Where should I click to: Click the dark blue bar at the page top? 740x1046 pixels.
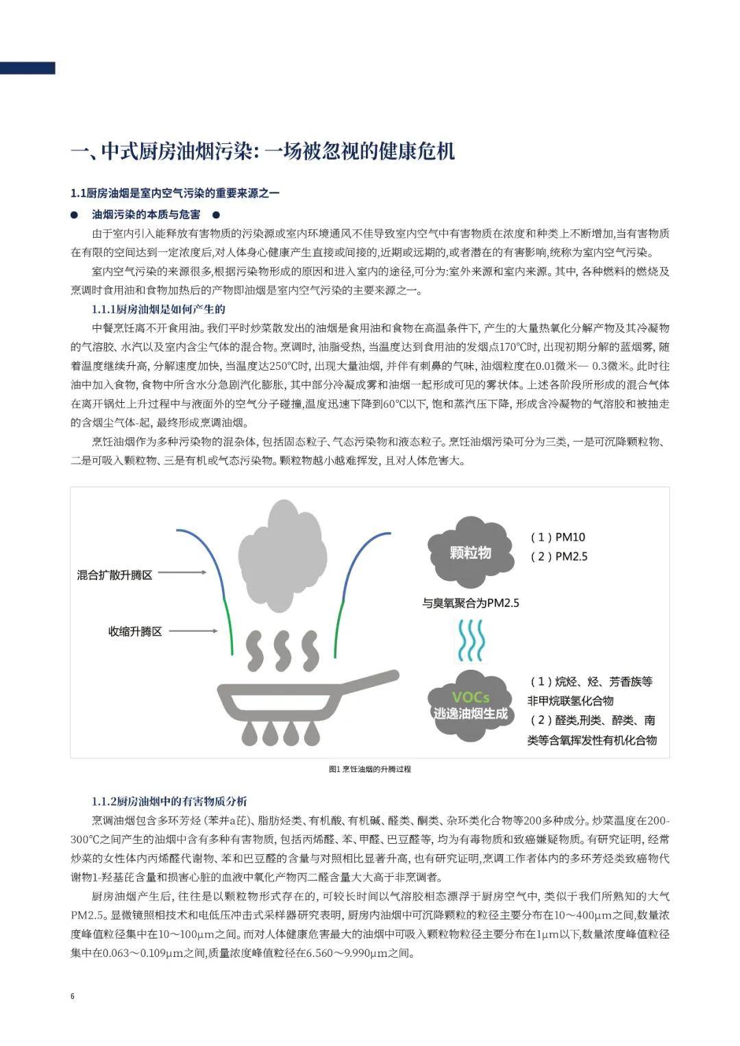[x=27, y=68]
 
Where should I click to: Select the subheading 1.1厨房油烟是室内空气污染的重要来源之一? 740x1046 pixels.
[x=175, y=193]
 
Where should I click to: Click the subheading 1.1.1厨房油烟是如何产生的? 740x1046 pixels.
[x=158, y=309]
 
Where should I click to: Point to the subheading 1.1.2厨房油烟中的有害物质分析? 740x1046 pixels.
[x=169, y=801]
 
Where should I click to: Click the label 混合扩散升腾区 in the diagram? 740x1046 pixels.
[x=114, y=575]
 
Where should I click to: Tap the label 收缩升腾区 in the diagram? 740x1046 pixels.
[x=135, y=631]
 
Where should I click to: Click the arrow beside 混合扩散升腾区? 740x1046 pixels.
[x=186, y=573]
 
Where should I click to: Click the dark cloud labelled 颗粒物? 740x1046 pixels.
[x=470, y=551]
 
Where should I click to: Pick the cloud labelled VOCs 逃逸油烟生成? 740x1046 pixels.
[x=470, y=705]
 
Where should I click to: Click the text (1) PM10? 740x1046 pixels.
[x=558, y=537]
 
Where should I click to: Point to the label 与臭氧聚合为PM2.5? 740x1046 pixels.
[x=470, y=603]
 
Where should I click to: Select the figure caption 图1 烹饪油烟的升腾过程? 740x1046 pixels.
[x=370, y=769]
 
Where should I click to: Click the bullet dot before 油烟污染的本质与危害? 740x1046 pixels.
[x=75, y=214]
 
